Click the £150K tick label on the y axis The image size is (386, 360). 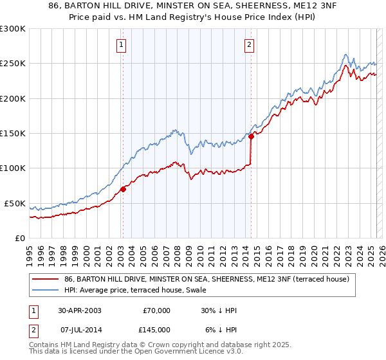[13, 133]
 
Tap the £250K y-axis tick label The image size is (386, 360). [13, 64]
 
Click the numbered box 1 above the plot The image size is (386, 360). [122, 44]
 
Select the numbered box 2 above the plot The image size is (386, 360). [249, 44]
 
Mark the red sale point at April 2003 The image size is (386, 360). [123, 189]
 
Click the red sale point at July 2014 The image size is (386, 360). [250, 136]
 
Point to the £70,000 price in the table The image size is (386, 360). [156, 310]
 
